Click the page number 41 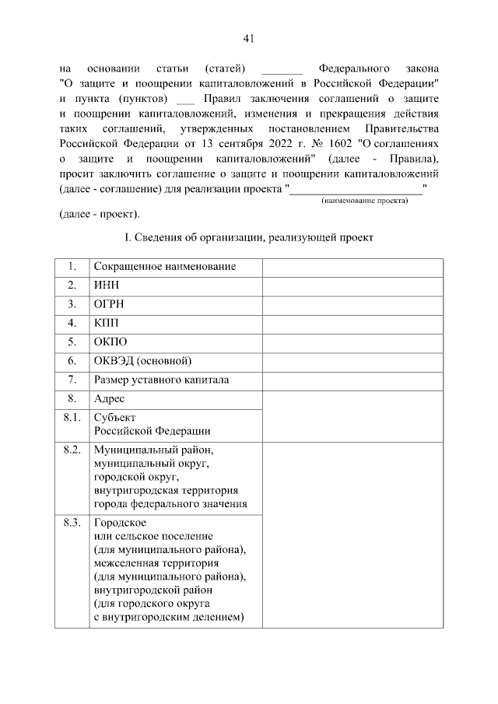(249, 39)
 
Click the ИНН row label (107, 285)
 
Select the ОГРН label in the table (110, 303)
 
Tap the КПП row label (107, 322)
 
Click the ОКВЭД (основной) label (142, 360)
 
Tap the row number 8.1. (72, 418)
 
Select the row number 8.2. (72, 450)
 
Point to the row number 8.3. (72, 522)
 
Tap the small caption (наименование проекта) (365, 200)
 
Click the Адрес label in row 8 (110, 399)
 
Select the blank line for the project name (356, 188)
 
